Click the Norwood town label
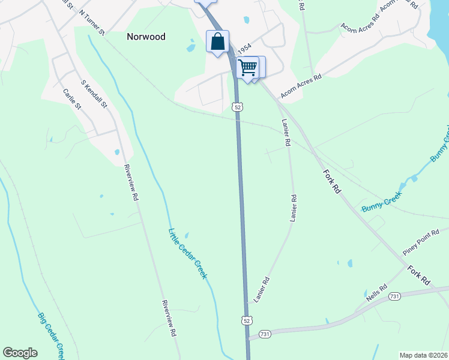pos(146,37)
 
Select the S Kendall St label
pos(94,94)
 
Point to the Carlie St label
pos(72,99)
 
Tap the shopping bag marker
pos(217,42)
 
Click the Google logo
pos(20,352)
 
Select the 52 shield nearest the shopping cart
pos(238,106)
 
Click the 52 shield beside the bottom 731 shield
pos(247,320)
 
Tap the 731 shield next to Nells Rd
pos(394,296)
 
